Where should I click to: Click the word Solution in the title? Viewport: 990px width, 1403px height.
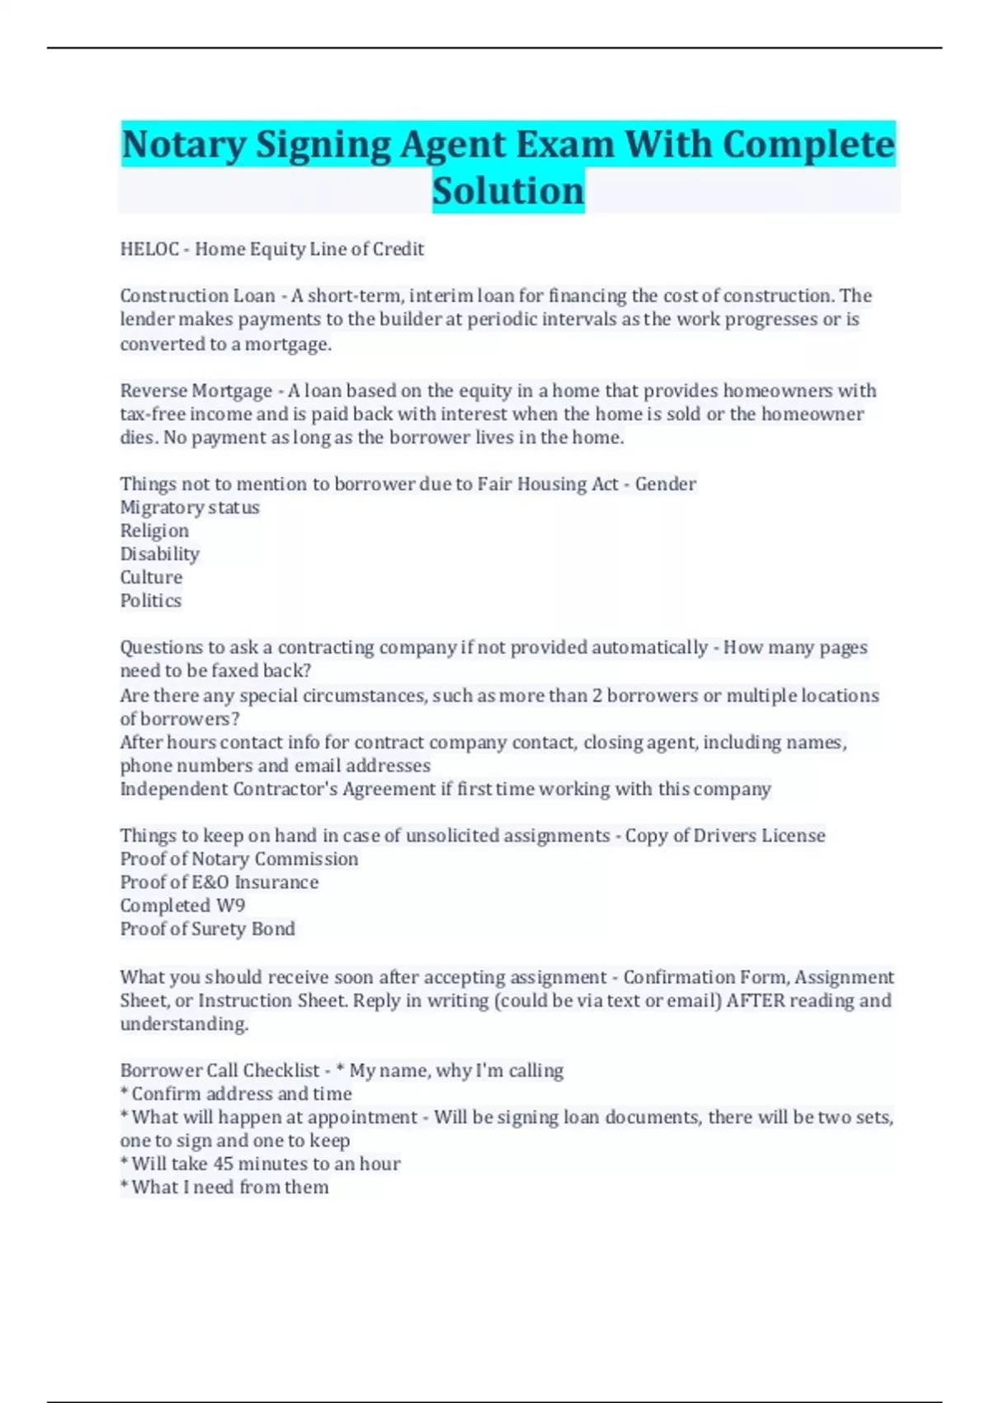508,191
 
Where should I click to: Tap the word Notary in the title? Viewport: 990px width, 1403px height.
183,144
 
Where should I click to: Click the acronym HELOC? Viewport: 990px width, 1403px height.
149,249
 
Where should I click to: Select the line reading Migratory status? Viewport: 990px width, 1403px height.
190,508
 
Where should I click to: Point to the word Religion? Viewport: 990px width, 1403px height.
154,531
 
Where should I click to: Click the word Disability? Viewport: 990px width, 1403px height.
160,554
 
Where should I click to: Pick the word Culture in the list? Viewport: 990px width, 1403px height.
151,577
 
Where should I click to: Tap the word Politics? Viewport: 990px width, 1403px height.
151,601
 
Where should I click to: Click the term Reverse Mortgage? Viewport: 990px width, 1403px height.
196,390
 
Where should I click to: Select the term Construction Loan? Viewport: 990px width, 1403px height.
198,295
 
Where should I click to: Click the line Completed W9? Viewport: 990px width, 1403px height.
182,905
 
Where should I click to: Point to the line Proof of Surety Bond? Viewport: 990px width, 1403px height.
207,928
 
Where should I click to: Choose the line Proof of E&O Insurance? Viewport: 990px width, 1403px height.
219,882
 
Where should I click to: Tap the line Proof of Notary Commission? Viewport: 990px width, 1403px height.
239,859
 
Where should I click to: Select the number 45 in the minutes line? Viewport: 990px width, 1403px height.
223,1164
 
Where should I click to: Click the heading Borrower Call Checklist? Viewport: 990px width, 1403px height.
219,1070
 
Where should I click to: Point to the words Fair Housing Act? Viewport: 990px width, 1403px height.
548,484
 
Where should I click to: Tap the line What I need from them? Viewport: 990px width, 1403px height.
229,1187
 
